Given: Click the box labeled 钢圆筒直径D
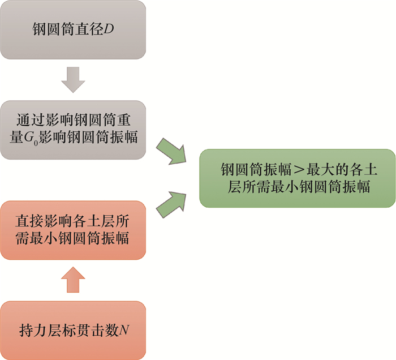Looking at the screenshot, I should pyautogui.click(x=73, y=29).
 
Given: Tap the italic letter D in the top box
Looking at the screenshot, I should pyautogui.click(x=109, y=28).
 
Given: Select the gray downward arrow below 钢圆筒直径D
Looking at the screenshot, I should pyautogui.click(x=73, y=80).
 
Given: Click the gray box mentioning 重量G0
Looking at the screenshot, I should pyautogui.click(x=73, y=129).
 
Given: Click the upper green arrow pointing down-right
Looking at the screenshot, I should pyautogui.click(x=173, y=149).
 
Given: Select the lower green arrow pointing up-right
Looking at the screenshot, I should pyautogui.click(x=173, y=204).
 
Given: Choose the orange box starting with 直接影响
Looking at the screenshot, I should pyautogui.click(x=73, y=230).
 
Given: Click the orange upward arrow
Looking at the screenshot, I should pyautogui.click(x=73, y=280).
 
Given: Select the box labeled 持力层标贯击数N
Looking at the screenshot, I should pyautogui.click(x=73, y=329).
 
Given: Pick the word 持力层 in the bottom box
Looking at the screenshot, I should pyautogui.click(x=38, y=329).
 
